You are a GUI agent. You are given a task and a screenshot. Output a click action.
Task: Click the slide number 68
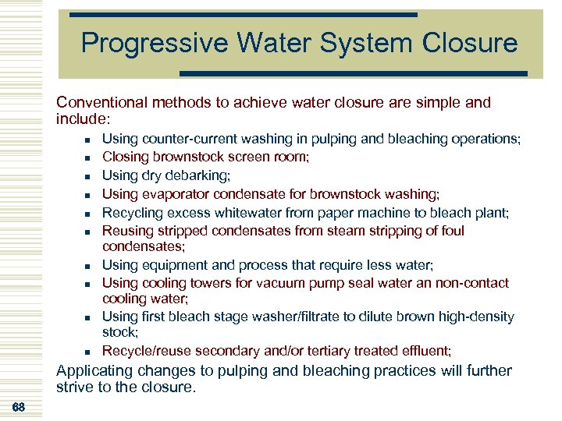click(19, 406)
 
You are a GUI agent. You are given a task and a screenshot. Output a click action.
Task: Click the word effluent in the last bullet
click(423, 351)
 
